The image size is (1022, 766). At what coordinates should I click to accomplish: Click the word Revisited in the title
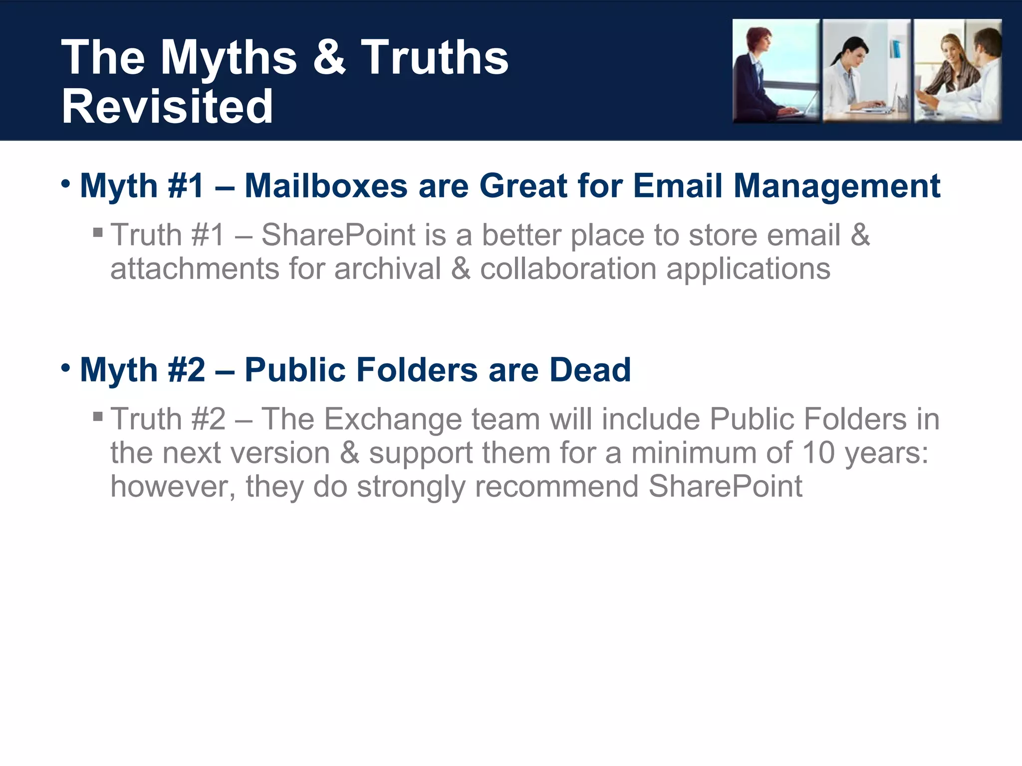pos(167,106)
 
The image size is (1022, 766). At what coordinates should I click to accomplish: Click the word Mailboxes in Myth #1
pos(326,186)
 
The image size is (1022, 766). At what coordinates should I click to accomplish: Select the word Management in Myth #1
pos(836,186)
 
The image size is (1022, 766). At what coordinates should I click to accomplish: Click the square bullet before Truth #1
pos(98,232)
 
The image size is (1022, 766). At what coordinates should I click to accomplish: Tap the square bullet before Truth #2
pos(98,416)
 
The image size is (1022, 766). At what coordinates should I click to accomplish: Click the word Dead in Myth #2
pos(590,370)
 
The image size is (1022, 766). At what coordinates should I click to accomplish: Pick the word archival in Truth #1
pos(388,269)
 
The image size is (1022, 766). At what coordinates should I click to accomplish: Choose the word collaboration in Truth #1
pos(568,269)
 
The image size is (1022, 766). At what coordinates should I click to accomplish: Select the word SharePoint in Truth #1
pos(338,235)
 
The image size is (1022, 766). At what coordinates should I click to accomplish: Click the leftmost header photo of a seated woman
pos(776,71)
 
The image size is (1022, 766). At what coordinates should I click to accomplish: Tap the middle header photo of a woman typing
pos(866,71)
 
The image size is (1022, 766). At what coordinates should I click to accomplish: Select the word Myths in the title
pos(229,57)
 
